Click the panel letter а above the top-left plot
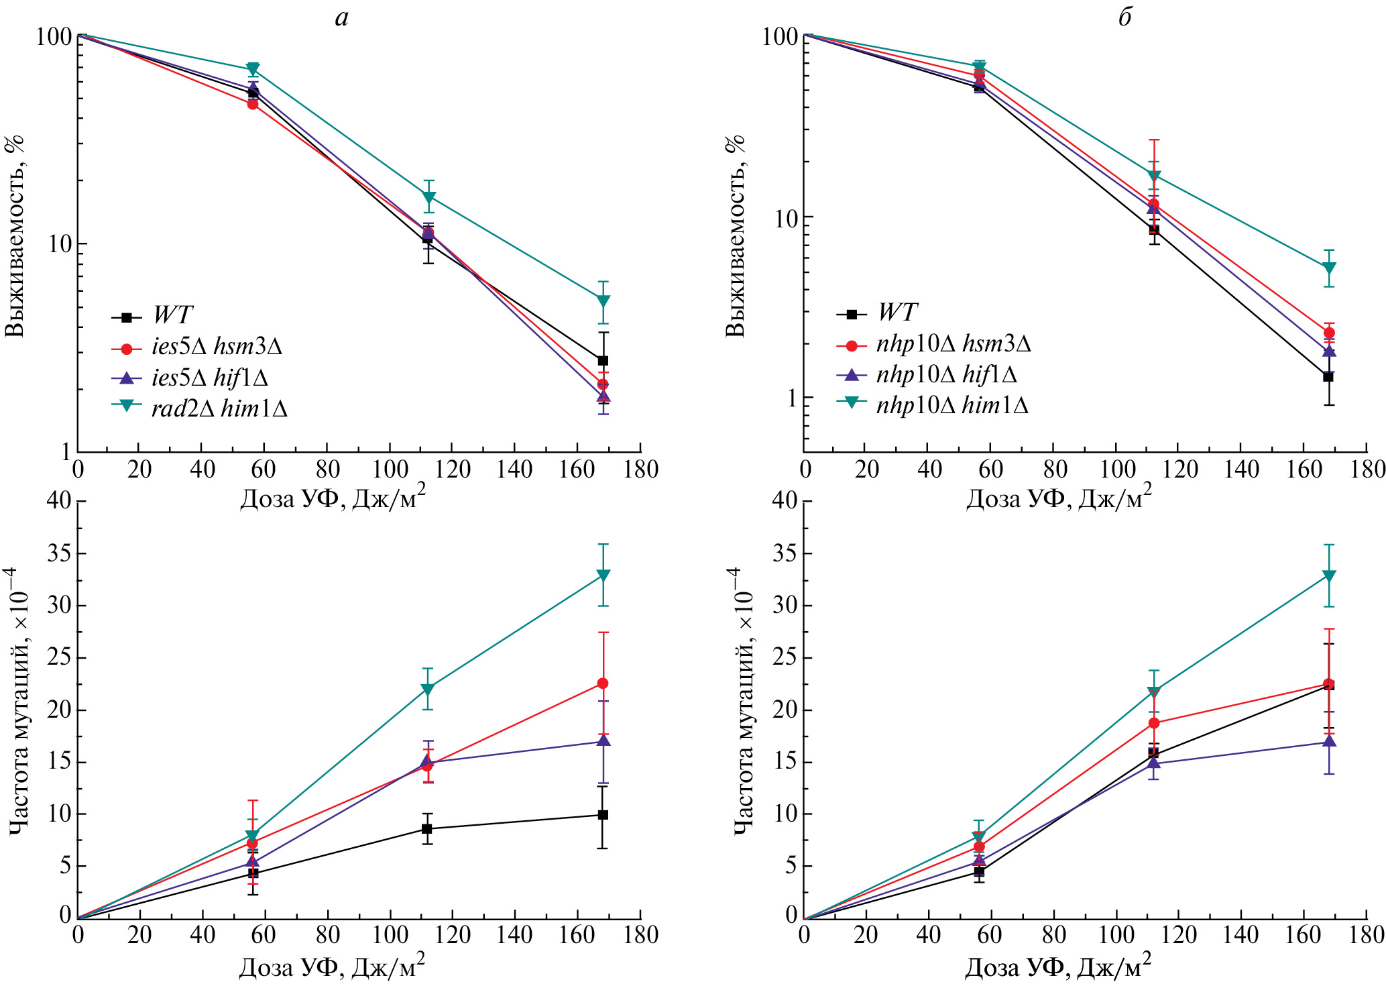(x=342, y=18)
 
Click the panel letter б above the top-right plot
(x=1124, y=18)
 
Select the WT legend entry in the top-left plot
(x=172, y=315)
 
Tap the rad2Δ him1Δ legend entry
(x=219, y=408)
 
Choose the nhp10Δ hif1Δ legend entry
(x=945, y=374)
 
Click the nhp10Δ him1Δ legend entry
(x=951, y=405)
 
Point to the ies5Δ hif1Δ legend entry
(x=209, y=378)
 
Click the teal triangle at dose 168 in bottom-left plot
(x=603, y=576)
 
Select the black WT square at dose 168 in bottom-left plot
(x=603, y=815)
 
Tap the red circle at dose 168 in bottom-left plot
(x=603, y=683)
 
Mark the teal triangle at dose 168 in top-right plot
(x=1328, y=268)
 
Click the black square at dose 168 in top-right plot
(x=1328, y=377)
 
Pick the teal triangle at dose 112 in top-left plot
(x=428, y=197)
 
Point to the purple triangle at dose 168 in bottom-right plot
(x=1328, y=741)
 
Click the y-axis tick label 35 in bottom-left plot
(x=58, y=553)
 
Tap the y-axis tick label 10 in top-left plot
(x=59, y=244)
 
